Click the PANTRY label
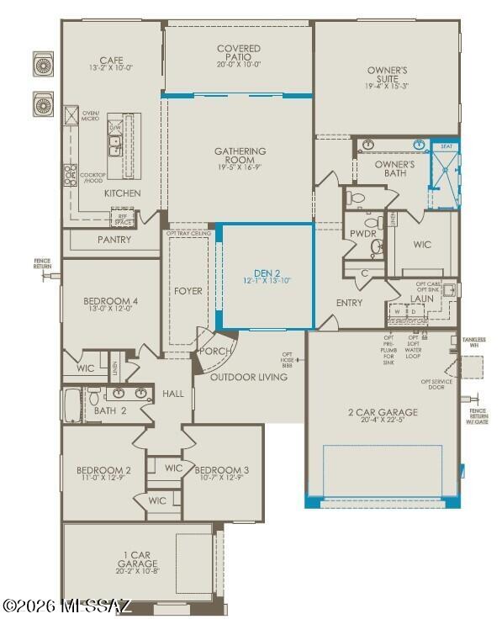pos(114,240)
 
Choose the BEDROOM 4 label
pos(110,302)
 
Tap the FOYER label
pos(188,291)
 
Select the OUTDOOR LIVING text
pos(248,377)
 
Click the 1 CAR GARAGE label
pos(138,558)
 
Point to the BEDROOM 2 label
pos(103,470)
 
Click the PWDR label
pos(362,233)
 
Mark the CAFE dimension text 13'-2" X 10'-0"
pos(112,68)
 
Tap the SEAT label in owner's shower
pos(446,146)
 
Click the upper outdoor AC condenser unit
pos(44,63)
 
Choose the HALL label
pos(172,394)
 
